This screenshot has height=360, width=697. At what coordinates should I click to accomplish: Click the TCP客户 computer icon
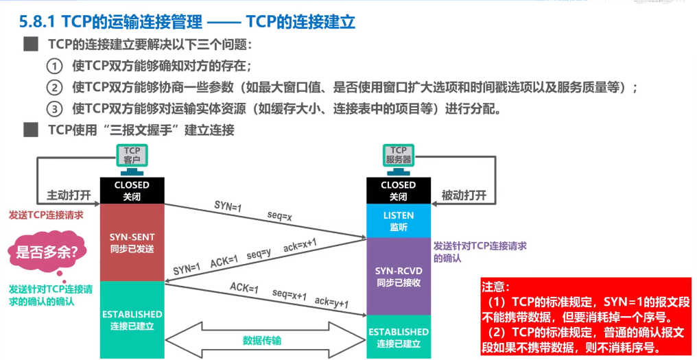(132, 160)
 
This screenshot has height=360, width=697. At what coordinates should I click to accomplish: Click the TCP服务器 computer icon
(399, 160)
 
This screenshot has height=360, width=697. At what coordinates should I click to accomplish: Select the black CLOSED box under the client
(132, 191)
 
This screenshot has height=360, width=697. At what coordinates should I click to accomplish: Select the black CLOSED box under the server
(399, 191)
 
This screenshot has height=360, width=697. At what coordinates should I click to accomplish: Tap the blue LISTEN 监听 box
(399, 221)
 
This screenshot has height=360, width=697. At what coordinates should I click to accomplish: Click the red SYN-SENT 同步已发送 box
(132, 243)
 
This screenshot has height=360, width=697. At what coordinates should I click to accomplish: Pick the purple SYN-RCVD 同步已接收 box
(399, 276)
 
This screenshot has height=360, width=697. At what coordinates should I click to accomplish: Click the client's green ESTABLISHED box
(132, 320)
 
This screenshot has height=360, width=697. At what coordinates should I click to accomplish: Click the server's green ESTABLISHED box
(399, 337)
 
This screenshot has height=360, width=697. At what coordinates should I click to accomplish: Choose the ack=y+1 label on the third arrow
(331, 302)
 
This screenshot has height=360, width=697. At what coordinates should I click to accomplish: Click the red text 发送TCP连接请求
(46, 215)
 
